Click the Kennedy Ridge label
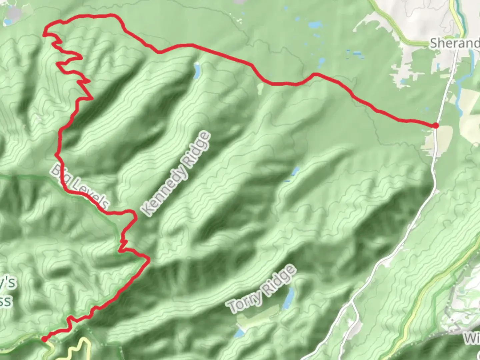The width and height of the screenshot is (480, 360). (176, 174)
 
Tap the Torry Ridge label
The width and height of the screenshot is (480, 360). (261, 289)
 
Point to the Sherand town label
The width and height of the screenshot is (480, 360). (454, 43)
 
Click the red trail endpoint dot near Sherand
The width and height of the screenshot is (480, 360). (435, 125)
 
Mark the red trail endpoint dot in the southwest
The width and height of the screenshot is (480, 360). (44, 339)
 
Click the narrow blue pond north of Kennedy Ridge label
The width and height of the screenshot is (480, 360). (197, 71)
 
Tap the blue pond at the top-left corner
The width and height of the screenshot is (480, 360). (7, 22)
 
